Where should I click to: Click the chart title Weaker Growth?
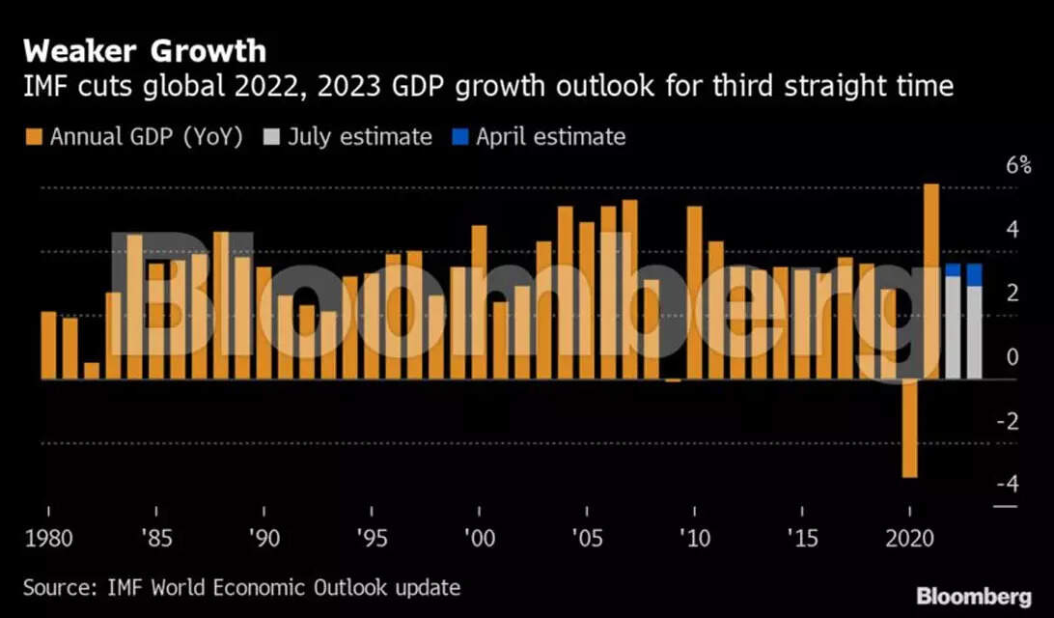(x=145, y=49)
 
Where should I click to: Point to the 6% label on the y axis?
(x=992, y=165)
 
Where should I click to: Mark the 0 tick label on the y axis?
(x=1011, y=356)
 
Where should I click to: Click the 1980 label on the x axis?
(x=49, y=536)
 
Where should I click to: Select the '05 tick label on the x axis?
(x=588, y=536)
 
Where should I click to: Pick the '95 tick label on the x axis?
(x=372, y=536)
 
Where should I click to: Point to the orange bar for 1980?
(x=49, y=345)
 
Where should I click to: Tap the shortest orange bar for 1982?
(x=92, y=371)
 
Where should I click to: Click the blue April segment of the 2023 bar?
(x=974, y=274)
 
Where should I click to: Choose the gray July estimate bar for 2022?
(x=953, y=328)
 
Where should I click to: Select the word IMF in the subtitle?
(x=45, y=88)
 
